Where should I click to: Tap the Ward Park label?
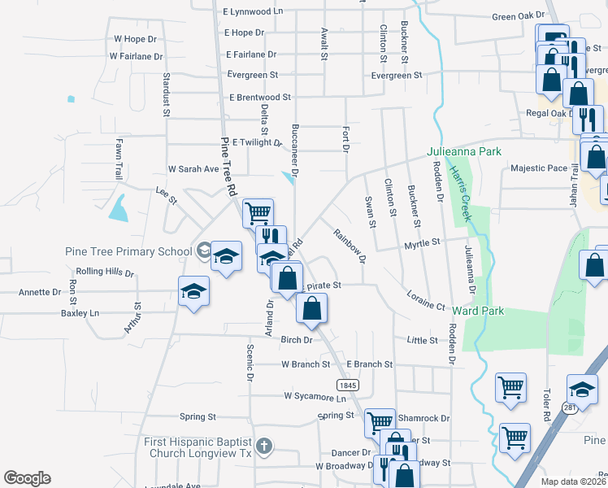pyautogui.click(x=477, y=311)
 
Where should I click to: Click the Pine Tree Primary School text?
pyautogui.click(x=128, y=251)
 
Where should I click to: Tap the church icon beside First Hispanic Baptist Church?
pyautogui.click(x=263, y=446)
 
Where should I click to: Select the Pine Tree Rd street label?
pyautogui.click(x=228, y=166)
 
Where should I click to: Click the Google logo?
pyautogui.click(x=27, y=478)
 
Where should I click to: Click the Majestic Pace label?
pyautogui.click(x=539, y=168)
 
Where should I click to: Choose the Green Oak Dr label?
pyautogui.click(x=518, y=15)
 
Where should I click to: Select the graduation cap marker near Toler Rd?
pyautogui.click(x=582, y=388)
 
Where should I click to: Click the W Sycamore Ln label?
pyautogui.click(x=315, y=396)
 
